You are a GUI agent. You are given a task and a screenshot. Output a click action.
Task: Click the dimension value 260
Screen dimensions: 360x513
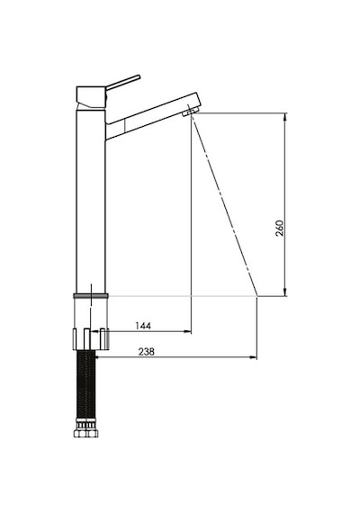[x=280, y=228]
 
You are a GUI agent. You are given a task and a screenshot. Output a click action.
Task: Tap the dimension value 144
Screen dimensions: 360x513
[x=143, y=326]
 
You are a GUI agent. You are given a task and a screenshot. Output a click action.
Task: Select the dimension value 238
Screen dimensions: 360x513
[x=146, y=352]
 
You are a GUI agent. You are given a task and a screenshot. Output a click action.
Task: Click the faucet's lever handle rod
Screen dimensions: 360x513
[x=123, y=82]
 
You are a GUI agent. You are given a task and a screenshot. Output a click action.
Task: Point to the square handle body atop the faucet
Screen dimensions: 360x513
[x=91, y=97]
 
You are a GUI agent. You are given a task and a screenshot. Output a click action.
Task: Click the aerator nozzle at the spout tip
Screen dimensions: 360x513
[x=190, y=111]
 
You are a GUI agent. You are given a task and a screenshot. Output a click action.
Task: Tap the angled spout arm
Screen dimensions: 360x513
[x=151, y=116]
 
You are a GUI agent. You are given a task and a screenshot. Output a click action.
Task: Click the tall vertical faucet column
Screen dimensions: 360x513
[x=91, y=202]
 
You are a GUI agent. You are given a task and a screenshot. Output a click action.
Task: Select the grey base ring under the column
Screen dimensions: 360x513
[x=91, y=296]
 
